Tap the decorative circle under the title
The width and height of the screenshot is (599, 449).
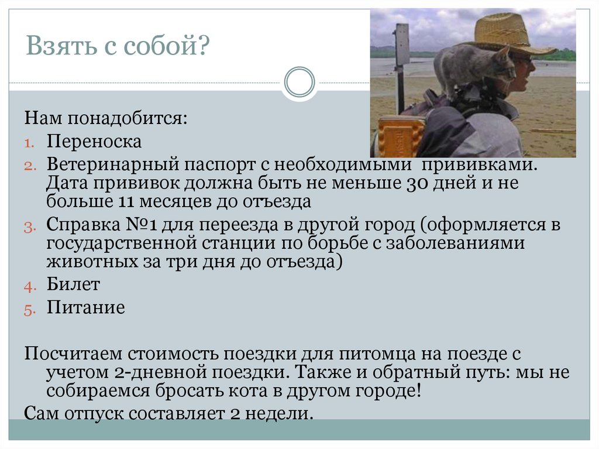299,82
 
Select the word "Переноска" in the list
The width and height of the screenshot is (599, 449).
94,142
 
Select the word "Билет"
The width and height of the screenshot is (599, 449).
74,285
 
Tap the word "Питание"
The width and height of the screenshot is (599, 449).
86,307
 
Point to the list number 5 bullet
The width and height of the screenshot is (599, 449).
30,310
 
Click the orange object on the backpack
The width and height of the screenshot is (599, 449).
401,136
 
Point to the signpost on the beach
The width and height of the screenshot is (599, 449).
401,64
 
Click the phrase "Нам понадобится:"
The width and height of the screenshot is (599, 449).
106,119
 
